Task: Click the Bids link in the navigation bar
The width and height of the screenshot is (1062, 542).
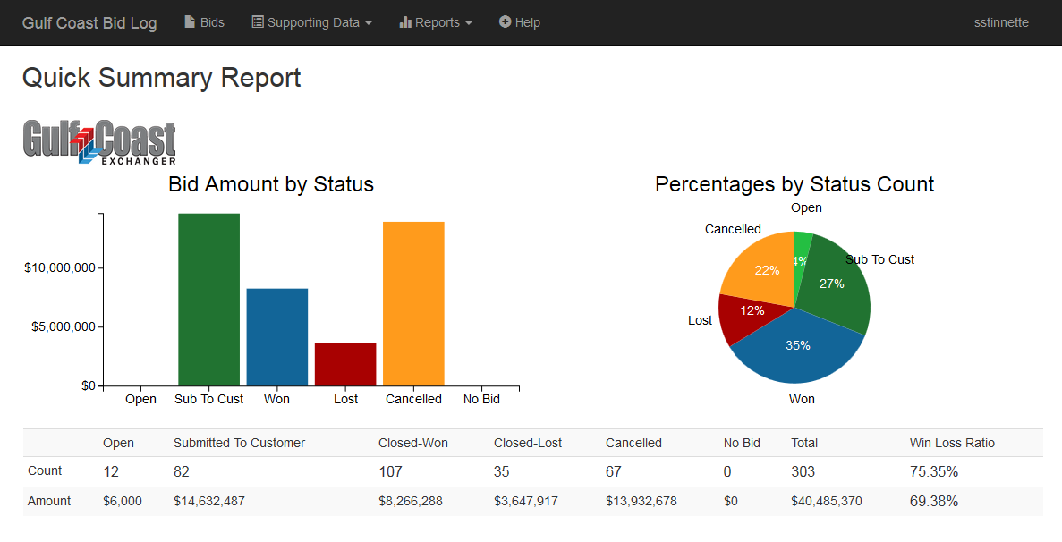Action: pos(204,22)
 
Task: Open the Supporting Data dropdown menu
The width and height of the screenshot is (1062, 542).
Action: pos(311,22)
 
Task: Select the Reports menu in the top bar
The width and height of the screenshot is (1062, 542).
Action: pos(436,22)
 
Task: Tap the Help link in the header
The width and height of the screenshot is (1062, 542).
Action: pos(520,22)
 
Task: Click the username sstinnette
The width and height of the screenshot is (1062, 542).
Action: pos(1001,22)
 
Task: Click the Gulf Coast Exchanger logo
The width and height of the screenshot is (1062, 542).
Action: pos(99,142)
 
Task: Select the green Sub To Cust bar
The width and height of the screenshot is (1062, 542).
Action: pos(208,300)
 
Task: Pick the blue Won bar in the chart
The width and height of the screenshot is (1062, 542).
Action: pos(277,337)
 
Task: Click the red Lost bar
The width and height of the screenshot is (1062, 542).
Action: pos(345,364)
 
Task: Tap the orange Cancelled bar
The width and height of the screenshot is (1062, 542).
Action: pos(413,304)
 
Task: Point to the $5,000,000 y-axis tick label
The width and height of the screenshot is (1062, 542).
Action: pos(60,327)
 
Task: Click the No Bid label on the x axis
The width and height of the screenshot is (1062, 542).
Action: pos(481,399)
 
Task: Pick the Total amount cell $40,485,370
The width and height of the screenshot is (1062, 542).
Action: pos(826,501)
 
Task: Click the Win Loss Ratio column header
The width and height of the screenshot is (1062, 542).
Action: pos(952,443)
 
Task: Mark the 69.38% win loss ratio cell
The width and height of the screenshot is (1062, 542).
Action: pos(933,501)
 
